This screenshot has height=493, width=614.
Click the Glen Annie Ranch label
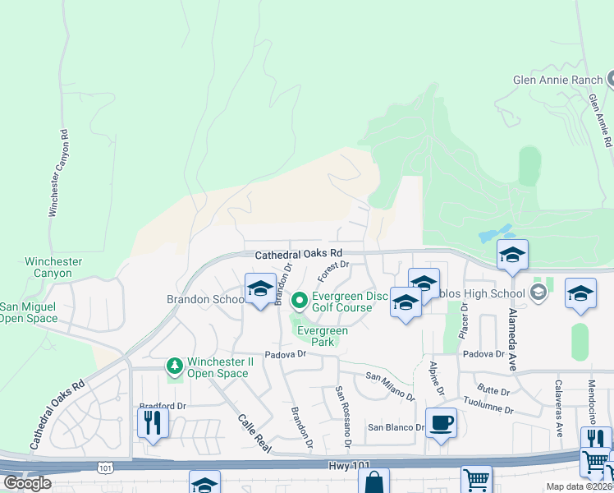[557, 80]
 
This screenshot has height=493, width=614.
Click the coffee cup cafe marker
[441, 422]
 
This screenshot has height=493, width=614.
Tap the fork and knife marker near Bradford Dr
[153, 422]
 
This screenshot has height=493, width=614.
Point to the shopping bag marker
[373, 482]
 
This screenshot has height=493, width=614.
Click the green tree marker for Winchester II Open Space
[174, 365]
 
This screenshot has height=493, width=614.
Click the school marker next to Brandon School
[260, 288]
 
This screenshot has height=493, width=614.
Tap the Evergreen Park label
[323, 336]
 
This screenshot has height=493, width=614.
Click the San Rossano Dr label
[342, 416]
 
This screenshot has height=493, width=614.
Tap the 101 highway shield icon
[104, 468]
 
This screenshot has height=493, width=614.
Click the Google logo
[27, 483]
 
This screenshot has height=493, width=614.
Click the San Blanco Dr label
[395, 427]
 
